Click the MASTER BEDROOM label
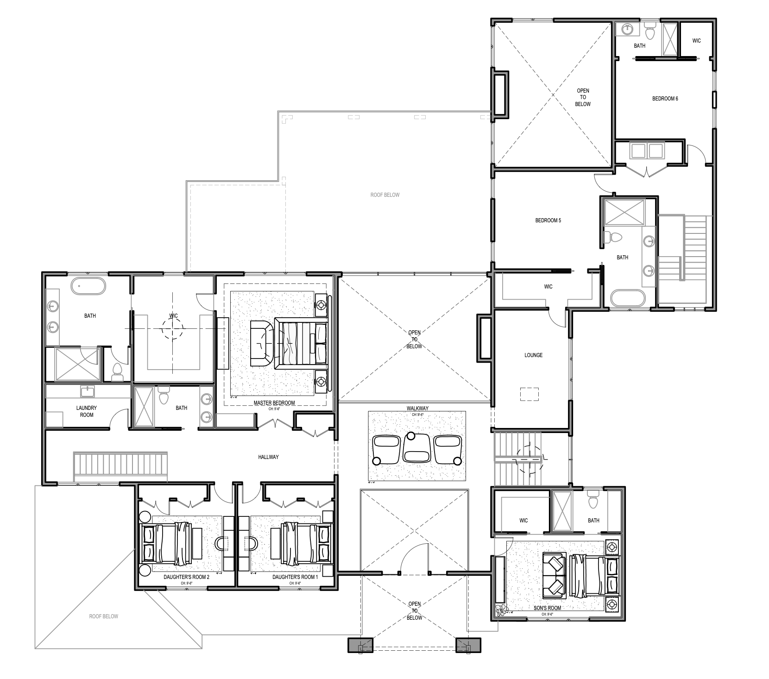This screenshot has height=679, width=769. point(274,402)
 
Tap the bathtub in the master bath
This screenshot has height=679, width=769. point(88,286)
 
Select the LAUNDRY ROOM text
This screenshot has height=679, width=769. point(87,411)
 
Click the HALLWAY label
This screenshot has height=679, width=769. point(268,457)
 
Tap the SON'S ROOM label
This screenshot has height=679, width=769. point(547,608)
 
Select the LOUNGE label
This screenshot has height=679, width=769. point(533,355)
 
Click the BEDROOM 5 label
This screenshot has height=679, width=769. point(548,220)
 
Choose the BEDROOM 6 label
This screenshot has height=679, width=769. point(665,99)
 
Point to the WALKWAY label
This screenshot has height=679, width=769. point(417,408)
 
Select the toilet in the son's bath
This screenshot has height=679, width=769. point(593,500)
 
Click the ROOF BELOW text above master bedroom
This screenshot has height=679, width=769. point(384,195)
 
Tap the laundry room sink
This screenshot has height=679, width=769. point(87,391)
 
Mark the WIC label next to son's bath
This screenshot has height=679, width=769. point(523,520)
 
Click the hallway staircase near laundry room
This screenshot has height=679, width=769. point(120,464)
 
